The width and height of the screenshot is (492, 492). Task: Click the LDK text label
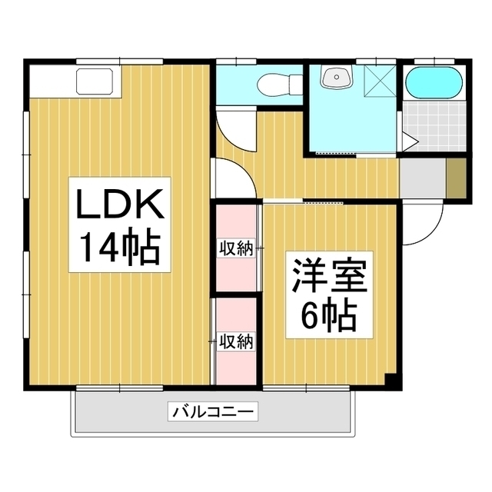pos(120,204)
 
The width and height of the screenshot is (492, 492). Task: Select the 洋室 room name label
pos(330,276)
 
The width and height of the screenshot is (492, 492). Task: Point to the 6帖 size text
pos(329,316)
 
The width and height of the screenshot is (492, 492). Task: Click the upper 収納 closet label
pos(236,249)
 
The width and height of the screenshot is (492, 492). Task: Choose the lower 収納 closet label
pos(236,342)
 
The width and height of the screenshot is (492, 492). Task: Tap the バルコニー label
pos(213,411)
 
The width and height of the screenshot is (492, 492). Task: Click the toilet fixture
pos(279,85)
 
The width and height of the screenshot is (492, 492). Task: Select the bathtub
pos(434,83)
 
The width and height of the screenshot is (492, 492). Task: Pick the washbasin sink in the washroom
pos(337,77)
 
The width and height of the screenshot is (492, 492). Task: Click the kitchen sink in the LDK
pos(95,81)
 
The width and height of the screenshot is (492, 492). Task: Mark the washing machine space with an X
pos(380,81)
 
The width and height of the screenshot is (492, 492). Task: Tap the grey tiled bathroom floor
pos(434,126)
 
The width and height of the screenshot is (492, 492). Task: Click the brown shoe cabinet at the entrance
pos(456,178)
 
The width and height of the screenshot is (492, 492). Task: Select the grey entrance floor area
pos(422,178)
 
